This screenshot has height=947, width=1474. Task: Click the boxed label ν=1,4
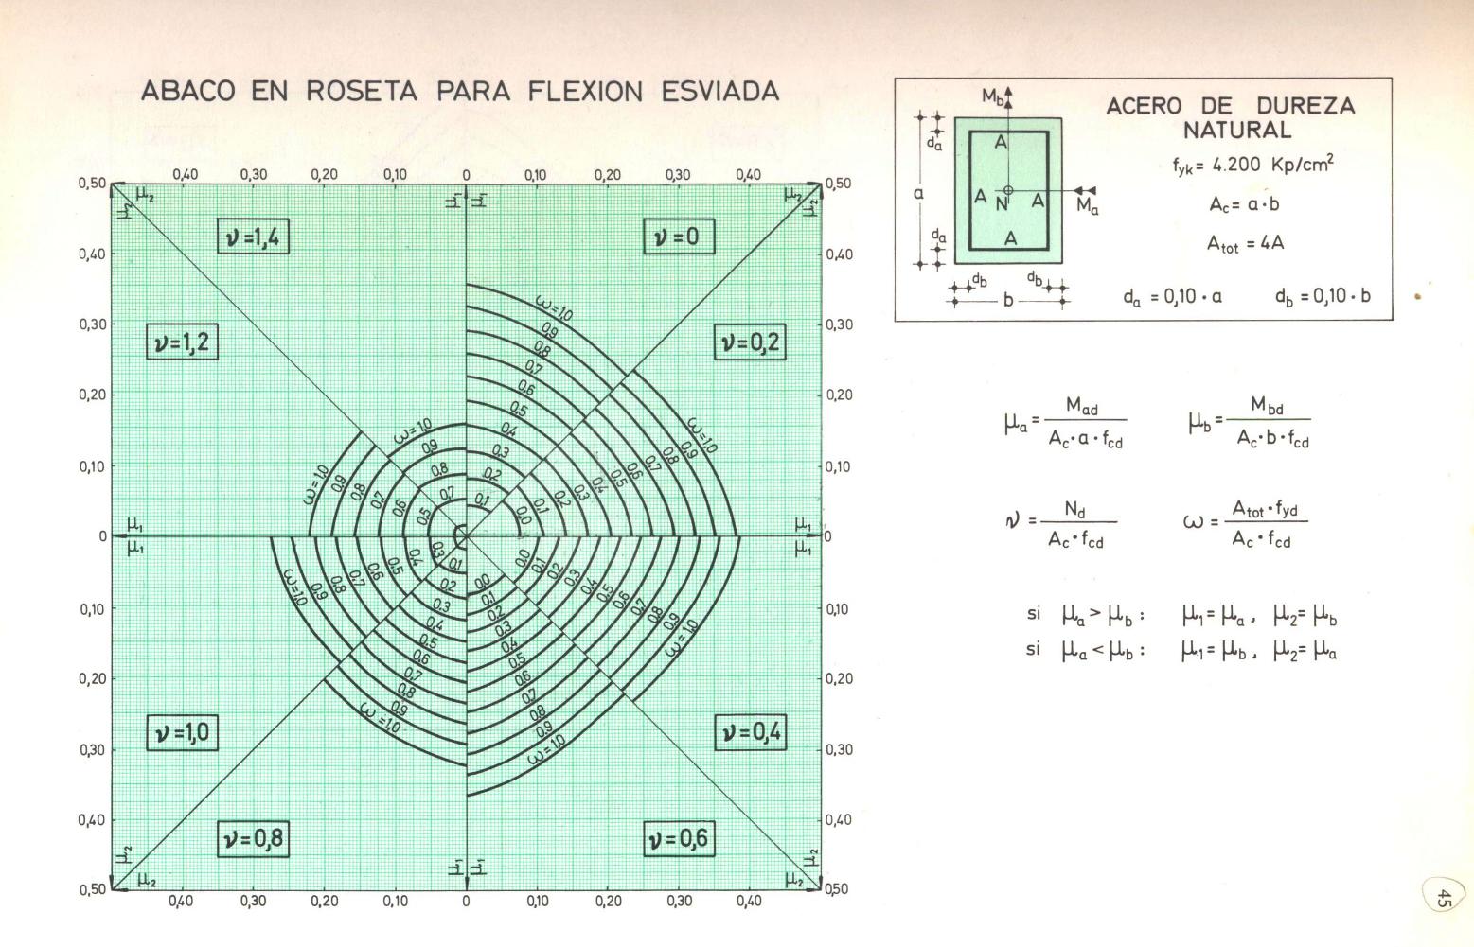(253, 237)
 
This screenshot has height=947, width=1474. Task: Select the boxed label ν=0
(678, 237)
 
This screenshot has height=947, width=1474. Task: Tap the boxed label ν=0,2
(750, 342)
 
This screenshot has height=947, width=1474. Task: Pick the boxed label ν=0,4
(750, 732)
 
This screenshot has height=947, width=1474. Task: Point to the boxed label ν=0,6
(678, 839)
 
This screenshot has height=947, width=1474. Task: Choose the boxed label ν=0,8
(253, 839)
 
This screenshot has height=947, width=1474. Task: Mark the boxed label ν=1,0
(182, 733)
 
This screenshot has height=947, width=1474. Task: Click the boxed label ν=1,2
(182, 342)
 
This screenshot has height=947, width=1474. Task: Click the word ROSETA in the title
(362, 92)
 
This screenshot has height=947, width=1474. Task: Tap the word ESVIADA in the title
(720, 92)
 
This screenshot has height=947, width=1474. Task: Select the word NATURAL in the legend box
(1237, 131)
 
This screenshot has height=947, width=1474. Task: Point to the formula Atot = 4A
(1245, 244)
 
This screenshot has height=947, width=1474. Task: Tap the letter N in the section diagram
(1003, 202)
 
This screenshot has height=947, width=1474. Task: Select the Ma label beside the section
(1088, 207)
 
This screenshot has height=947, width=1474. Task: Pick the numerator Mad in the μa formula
(1082, 407)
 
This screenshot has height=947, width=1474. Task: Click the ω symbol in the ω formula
(1193, 521)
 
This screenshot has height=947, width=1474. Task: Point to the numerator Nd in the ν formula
(1075, 510)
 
